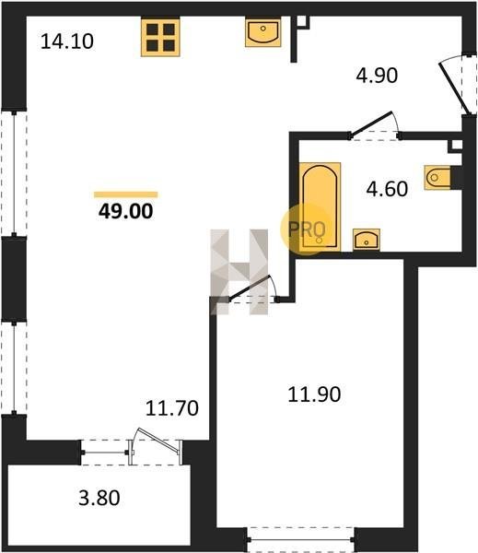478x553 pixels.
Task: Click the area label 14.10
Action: click(67, 41)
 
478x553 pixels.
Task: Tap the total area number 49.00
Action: click(126, 211)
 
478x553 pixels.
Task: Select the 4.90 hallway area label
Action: click(377, 76)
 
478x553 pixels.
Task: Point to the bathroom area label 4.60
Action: click(387, 188)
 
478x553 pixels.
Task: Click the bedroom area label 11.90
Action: click(314, 394)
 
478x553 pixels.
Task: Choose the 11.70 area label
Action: click(172, 408)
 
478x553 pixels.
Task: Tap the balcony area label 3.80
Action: click(99, 498)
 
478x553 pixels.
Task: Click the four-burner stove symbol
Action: click(160, 38)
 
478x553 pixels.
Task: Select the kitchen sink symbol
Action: click(263, 33)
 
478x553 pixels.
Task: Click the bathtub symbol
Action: click(320, 206)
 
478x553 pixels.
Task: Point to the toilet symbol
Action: click(437, 177)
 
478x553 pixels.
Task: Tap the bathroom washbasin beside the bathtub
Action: click(367, 240)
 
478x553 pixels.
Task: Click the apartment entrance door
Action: click(455, 88)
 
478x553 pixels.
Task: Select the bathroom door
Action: click(371, 124)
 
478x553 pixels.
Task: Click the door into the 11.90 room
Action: click(250, 288)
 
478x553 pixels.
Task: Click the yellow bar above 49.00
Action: click(126, 194)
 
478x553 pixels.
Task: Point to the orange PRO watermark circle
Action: click(307, 229)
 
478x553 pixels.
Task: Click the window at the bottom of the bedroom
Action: click(300, 539)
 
